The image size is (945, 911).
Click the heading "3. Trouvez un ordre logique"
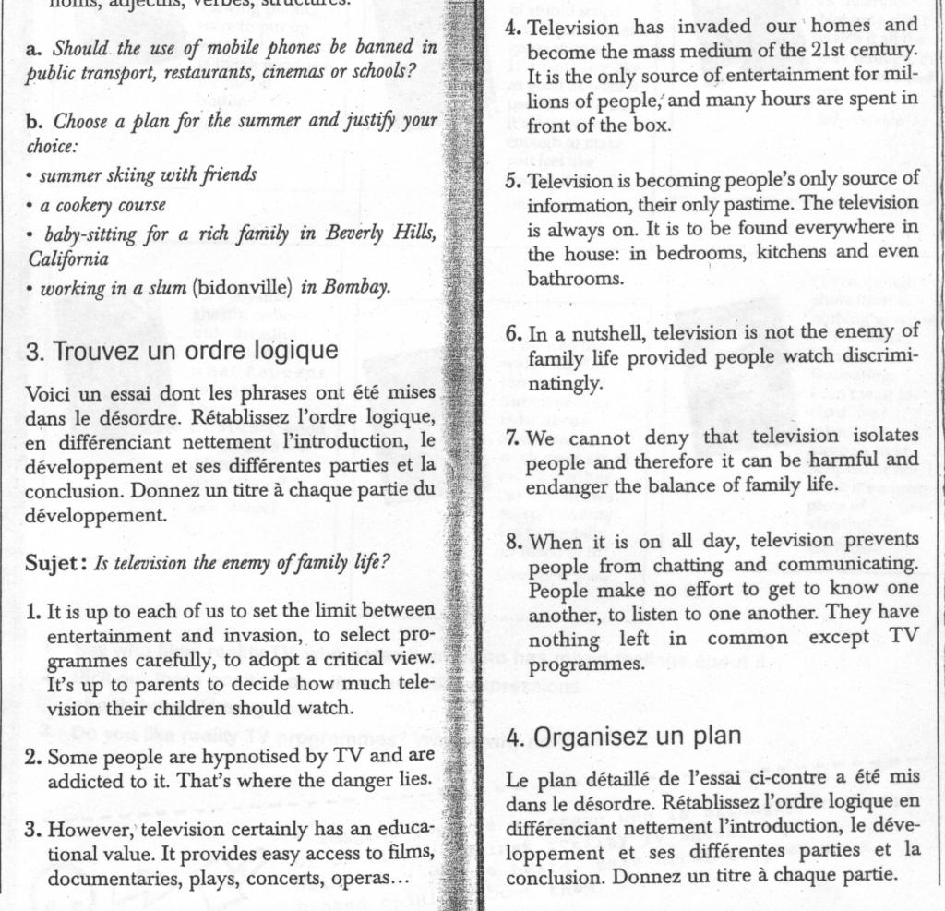[182, 352]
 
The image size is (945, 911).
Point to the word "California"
[68, 259]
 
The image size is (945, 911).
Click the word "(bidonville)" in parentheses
[242, 287]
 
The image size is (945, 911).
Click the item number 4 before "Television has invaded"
[513, 28]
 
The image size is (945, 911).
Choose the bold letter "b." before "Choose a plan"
[35, 122]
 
